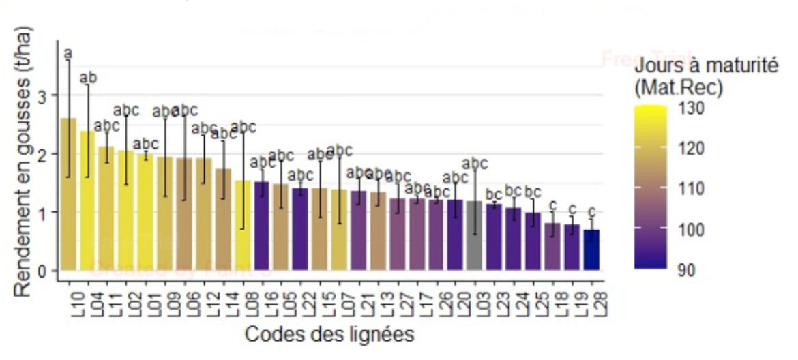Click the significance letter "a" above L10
pyautogui.click(x=68, y=53)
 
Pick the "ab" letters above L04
pyautogui.click(x=88, y=78)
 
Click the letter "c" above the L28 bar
pyautogui.click(x=592, y=211)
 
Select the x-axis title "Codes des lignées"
pyautogui.click(x=329, y=335)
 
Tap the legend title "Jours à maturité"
pyautogui.click(x=705, y=67)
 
